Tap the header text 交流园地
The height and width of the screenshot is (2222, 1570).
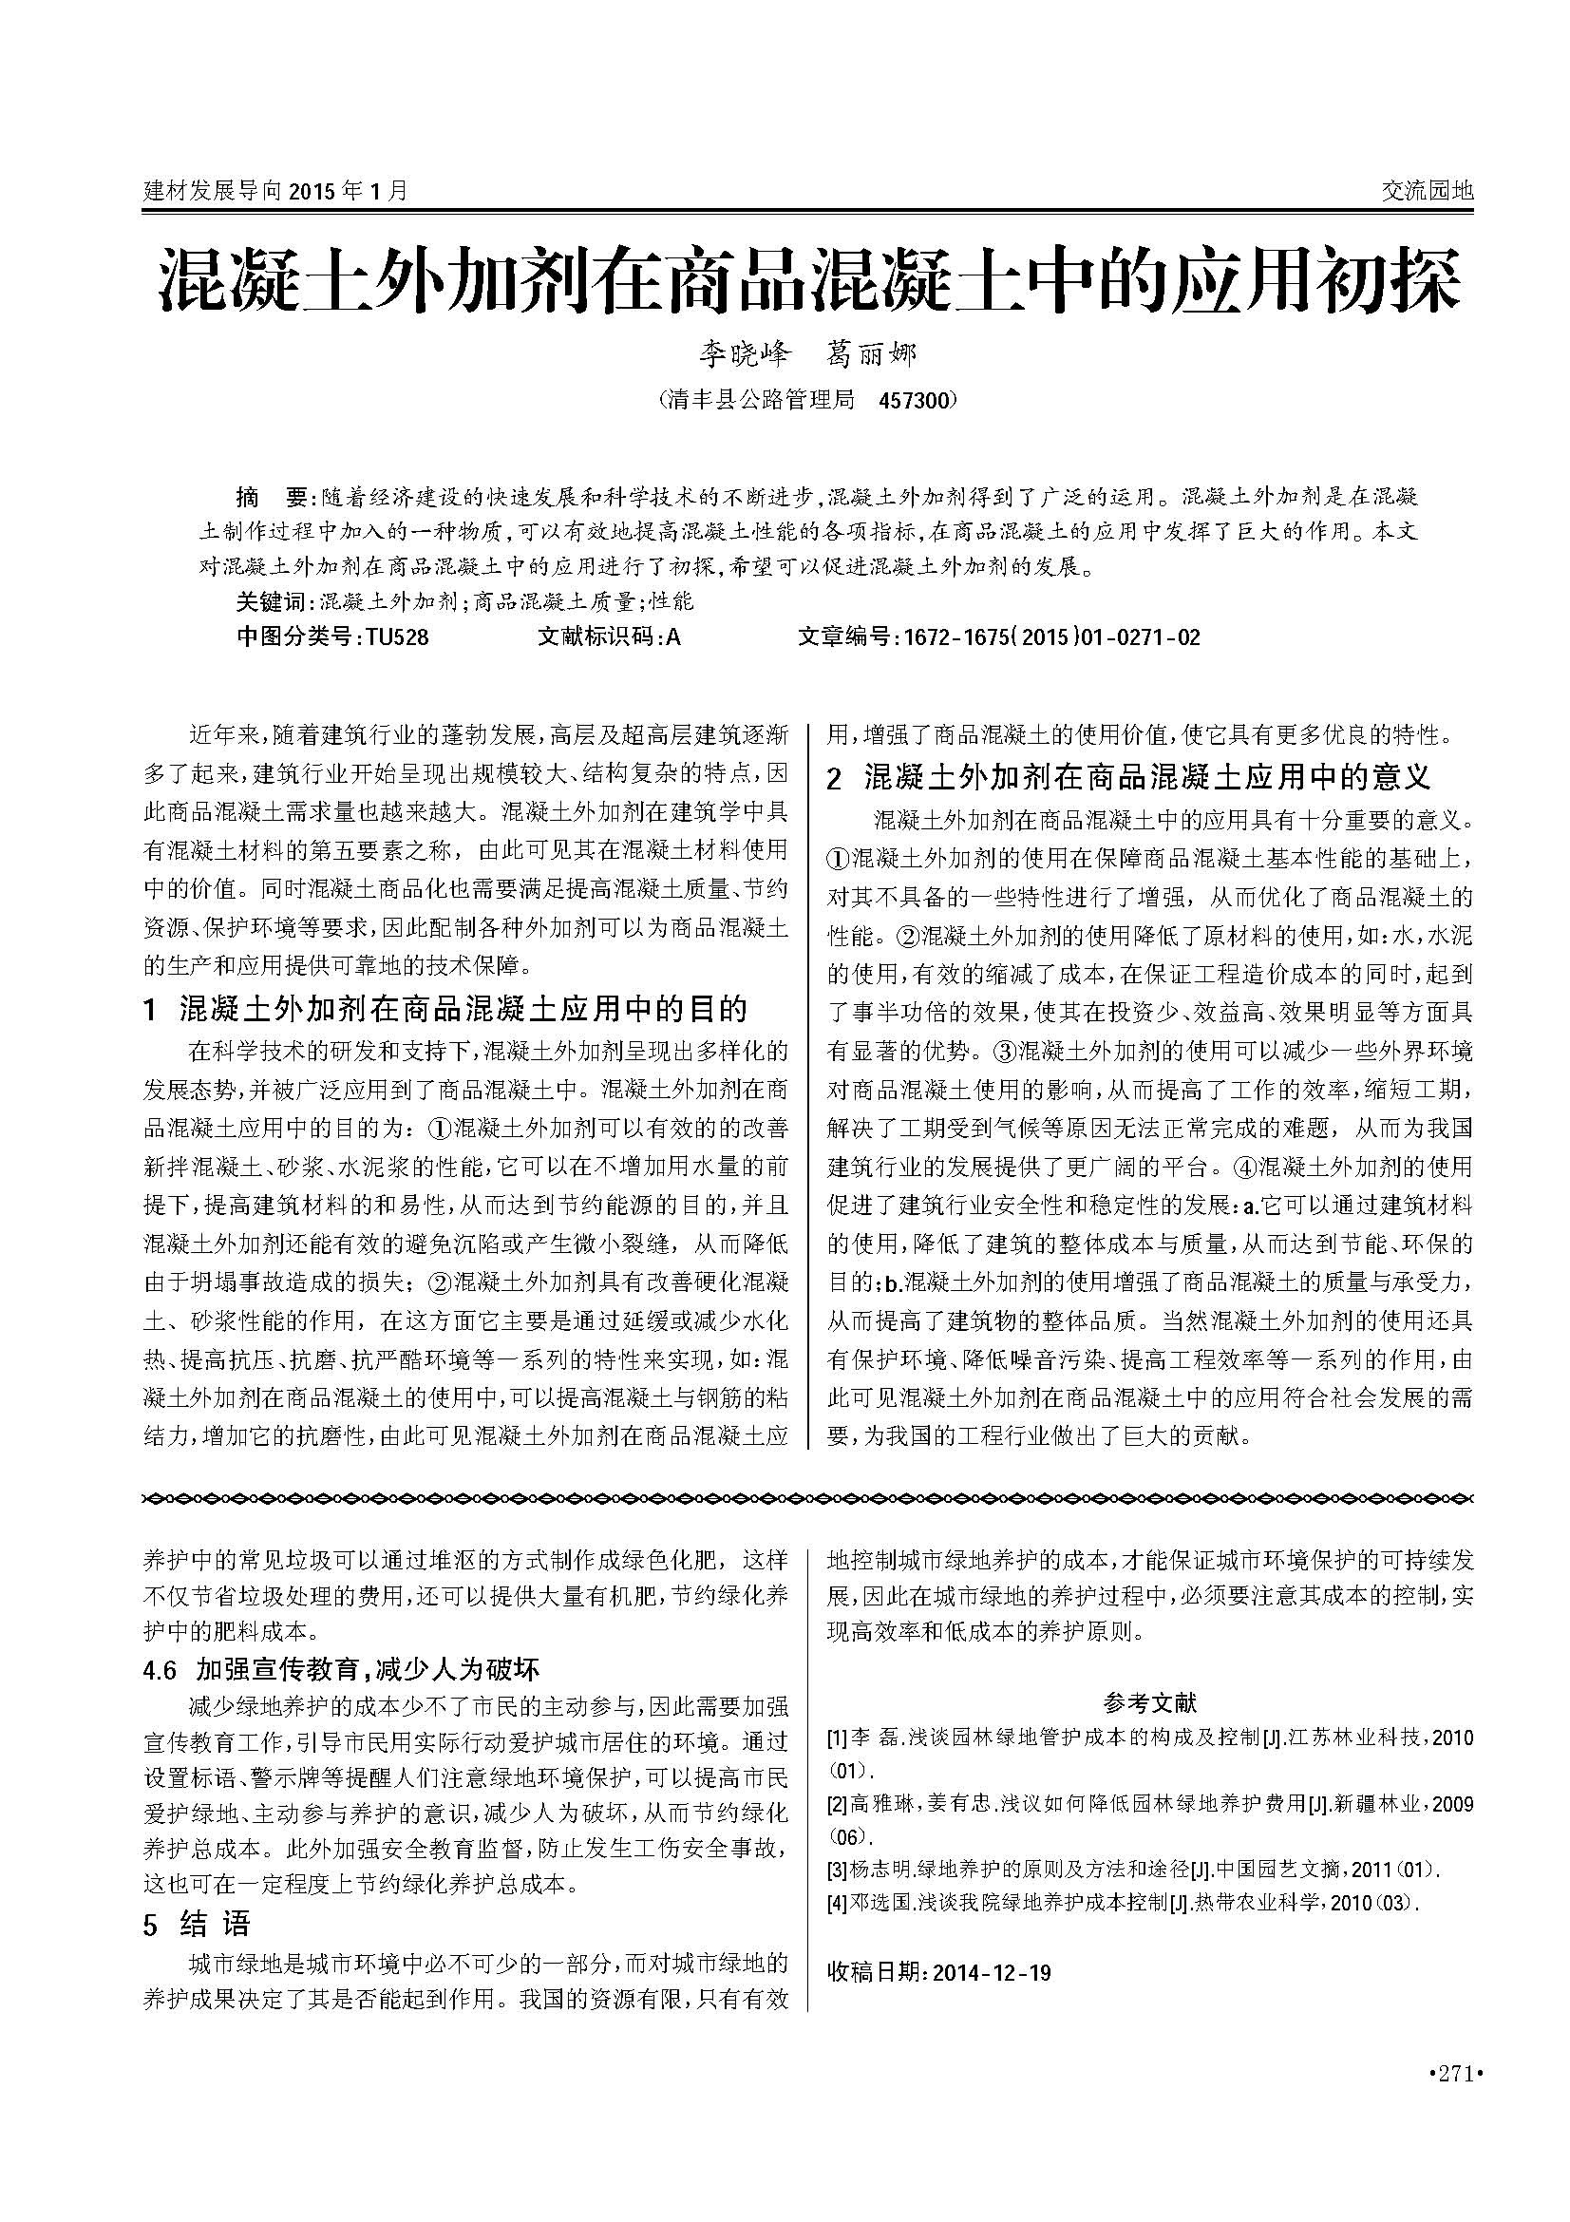tap(1426, 191)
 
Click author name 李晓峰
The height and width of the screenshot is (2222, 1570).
tap(745, 354)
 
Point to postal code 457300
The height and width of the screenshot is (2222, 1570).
tap(915, 400)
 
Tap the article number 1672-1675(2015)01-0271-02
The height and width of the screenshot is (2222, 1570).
tap(1050, 636)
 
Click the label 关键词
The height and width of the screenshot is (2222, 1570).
tap(271, 602)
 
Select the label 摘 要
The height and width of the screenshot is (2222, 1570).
tap(272, 498)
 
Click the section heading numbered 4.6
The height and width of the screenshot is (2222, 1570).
tap(341, 1668)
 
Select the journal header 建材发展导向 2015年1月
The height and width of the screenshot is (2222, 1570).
tap(275, 191)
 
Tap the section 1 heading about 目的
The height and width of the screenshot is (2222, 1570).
tap(445, 1010)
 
